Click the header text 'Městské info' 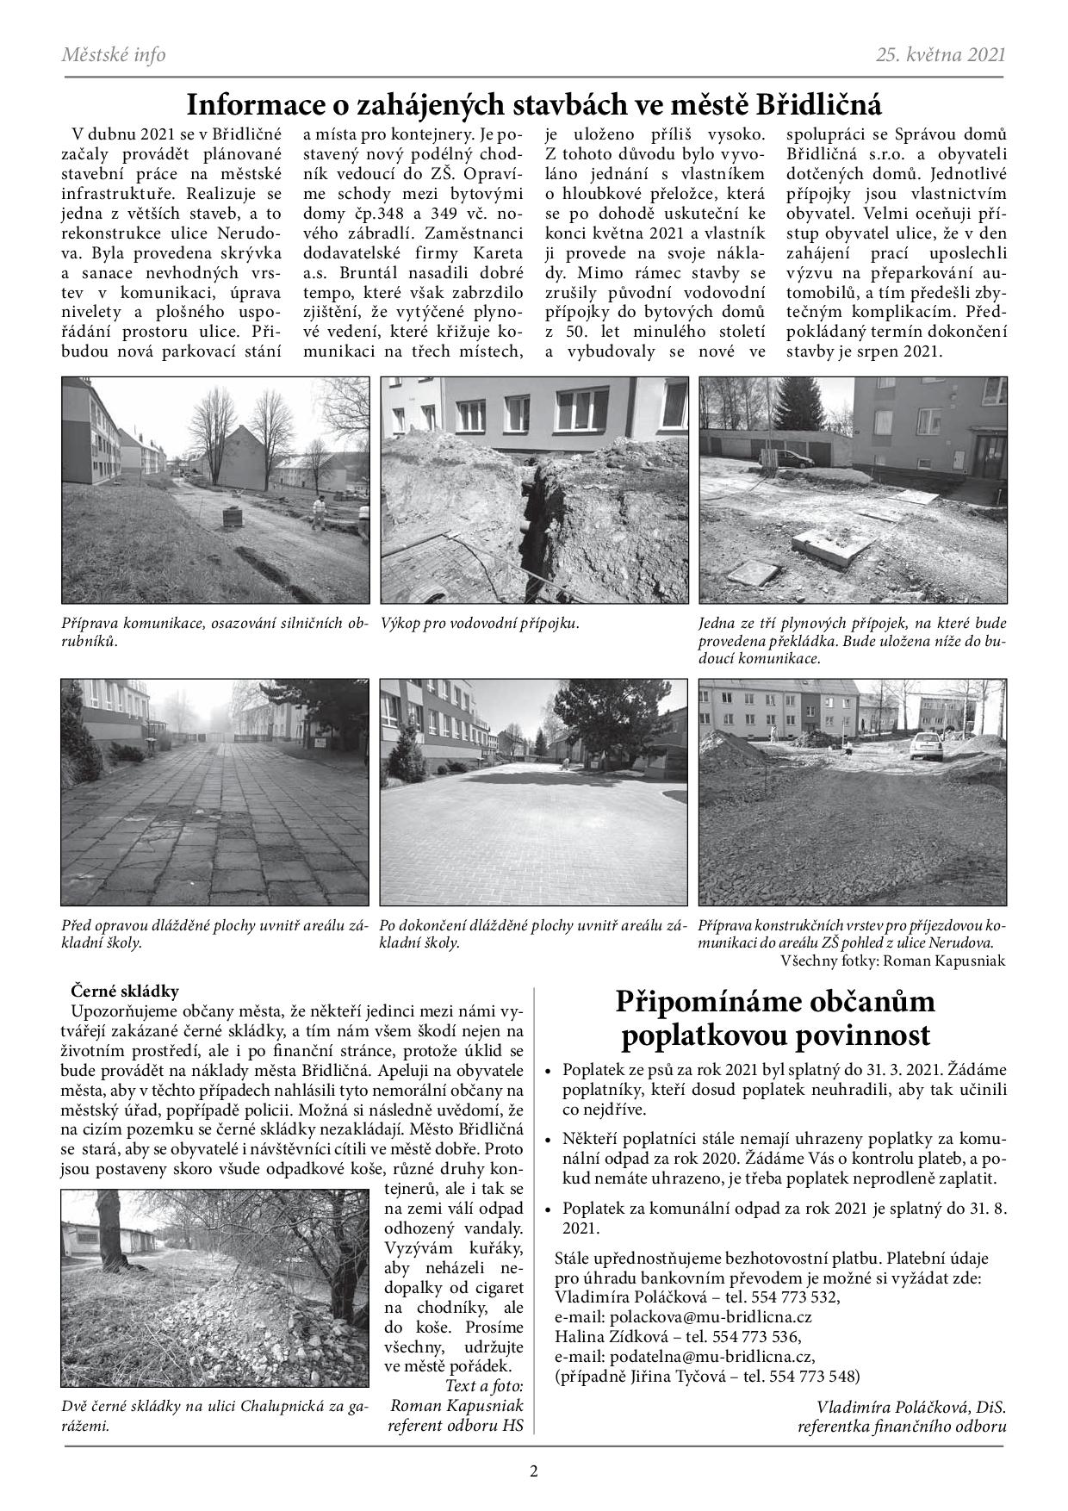(x=114, y=55)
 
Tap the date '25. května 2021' (x=941, y=55)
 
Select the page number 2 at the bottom (x=533, y=1471)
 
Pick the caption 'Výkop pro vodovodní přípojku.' (x=480, y=623)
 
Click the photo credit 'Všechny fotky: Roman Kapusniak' (x=892, y=960)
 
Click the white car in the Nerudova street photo (x=925, y=743)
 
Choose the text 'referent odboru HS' (x=456, y=1426)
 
